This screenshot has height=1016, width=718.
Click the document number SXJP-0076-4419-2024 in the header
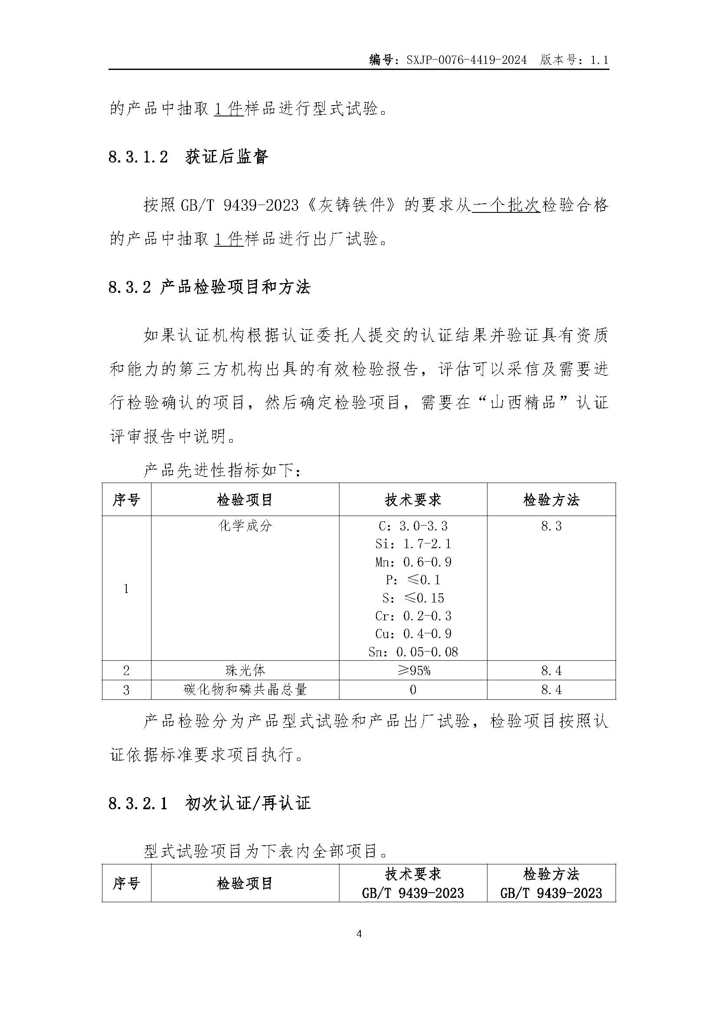[466, 60]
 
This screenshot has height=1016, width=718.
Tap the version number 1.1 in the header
[599, 60]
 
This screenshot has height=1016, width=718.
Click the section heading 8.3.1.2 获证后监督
[188, 157]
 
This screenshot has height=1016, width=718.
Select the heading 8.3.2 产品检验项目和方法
[210, 287]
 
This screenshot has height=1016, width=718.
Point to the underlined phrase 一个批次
[506, 206]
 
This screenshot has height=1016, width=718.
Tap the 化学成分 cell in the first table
[245, 526]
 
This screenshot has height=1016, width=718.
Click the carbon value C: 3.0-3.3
[413, 526]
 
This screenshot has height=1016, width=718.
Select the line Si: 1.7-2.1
[413, 544]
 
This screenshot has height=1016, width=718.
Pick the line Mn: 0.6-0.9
[413, 562]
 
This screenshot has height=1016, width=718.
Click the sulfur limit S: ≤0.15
[413, 598]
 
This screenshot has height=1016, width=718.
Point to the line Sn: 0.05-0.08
[413, 652]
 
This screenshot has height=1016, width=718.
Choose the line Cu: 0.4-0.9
[413, 634]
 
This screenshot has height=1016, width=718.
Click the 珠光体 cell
[245, 670]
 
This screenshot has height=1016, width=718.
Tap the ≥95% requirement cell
[413, 670]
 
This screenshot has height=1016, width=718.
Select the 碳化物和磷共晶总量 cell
[245, 689]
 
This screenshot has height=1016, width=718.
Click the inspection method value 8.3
[551, 526]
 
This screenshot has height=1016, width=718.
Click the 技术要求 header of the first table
[413, 500]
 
